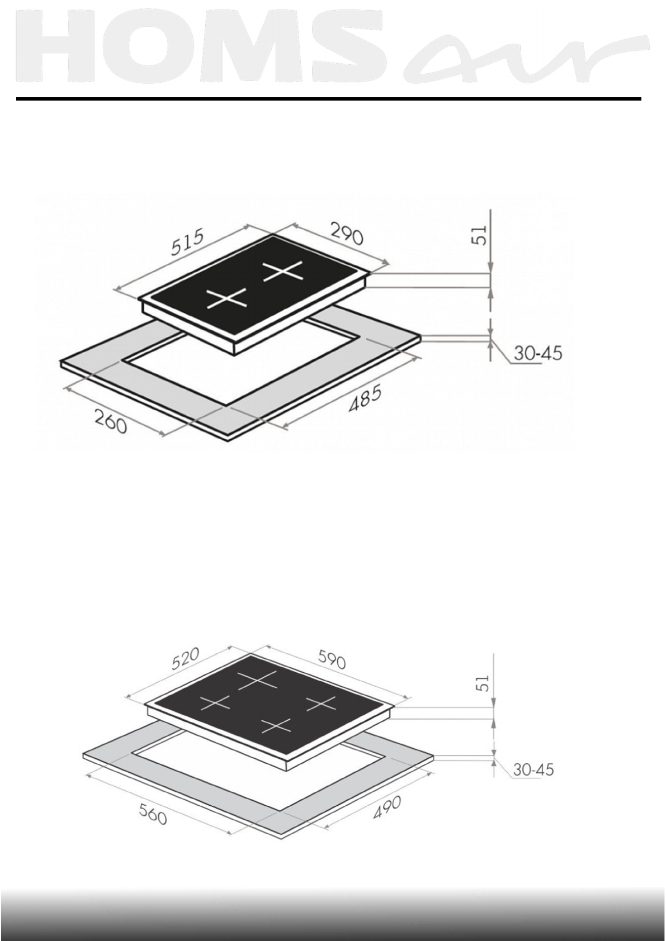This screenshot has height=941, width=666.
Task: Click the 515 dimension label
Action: [x=188, y=241]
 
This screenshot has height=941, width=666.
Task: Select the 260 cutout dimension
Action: [x=110, y=421]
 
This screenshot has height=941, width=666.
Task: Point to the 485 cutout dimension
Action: [x=365, y=398]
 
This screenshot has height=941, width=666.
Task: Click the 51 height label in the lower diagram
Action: [x=484, y=683]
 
